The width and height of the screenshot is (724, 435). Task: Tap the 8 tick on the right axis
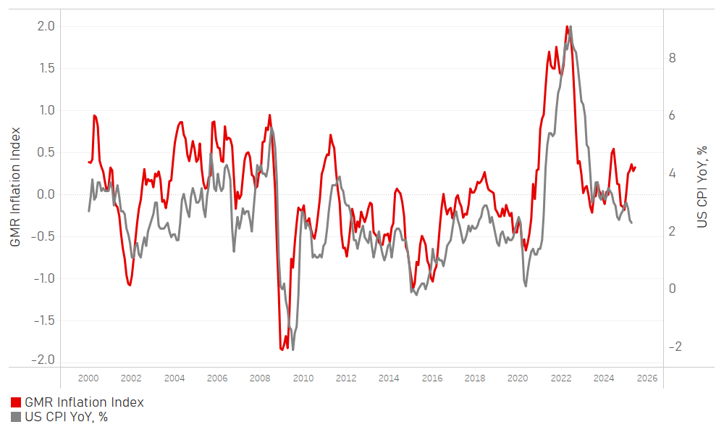673,58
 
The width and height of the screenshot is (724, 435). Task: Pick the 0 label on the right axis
673,289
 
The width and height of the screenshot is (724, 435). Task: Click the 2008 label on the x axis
260,378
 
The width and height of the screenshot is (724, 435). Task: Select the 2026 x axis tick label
647,378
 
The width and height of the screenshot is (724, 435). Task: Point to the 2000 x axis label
88,378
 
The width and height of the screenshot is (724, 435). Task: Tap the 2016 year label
432,378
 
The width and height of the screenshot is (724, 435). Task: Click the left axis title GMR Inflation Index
15,187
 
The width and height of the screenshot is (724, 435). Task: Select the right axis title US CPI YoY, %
701,187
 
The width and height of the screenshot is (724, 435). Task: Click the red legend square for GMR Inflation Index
16,402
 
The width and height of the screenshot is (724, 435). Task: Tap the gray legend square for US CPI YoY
16,417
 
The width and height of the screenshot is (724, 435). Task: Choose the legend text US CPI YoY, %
66,417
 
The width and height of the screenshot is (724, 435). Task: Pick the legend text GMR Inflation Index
84,402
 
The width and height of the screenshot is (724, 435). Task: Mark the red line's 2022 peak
566,27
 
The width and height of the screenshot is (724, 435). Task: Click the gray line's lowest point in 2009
292,349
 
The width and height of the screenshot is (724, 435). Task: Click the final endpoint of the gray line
631,223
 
